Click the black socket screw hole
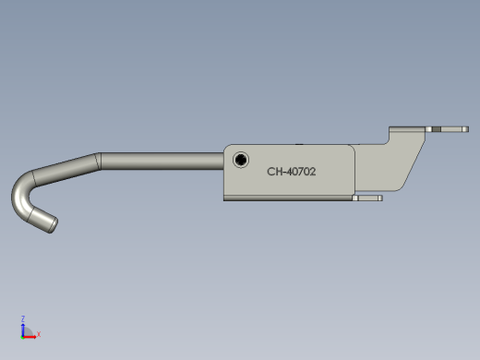click(241, 160)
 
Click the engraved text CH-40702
click(292, 172)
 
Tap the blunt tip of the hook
click(53, 225)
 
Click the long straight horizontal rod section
click(162, 161)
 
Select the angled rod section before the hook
click(66, 170)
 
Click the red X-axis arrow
click(30, 337)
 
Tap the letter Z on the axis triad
click(23, 318)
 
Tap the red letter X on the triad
click(39, 334)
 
